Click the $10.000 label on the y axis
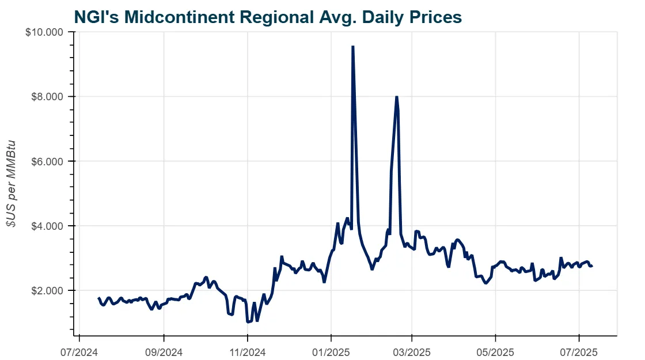pos(44,32)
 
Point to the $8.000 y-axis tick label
pos(46,96)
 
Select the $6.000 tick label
pos(46,161)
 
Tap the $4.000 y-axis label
pos(46,226)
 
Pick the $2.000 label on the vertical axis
pos(46,290)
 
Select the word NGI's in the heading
pos(94,17)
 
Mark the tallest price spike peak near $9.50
pos(352,47)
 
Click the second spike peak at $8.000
pos(396,97)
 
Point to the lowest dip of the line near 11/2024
pos(248,321)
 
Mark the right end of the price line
pos(591,266)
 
